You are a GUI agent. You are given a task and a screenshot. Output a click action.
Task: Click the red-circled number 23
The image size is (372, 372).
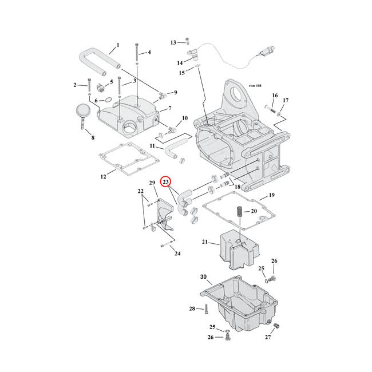tap(165, 183)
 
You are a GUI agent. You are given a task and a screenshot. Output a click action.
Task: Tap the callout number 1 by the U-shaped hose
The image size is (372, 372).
tap(117, 45)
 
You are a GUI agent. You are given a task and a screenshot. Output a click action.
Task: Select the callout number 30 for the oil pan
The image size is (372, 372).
tap(203, 278)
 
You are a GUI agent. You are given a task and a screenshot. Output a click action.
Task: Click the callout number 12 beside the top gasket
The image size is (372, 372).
tap(104, 177)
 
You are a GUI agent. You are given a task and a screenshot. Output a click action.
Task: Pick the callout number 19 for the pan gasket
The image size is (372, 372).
tap(272, 195)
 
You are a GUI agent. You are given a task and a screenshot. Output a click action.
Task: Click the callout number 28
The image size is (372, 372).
tap(192, 309)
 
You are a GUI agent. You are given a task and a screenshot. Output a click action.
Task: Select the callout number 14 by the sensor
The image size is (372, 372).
tap(180, 62)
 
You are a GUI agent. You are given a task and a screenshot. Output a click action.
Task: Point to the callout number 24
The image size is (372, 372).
tap(177, 254)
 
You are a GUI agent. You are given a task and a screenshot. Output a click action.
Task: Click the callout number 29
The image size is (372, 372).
tap(153, 183)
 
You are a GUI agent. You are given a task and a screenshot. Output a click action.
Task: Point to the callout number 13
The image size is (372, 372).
tap(173, 42)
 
